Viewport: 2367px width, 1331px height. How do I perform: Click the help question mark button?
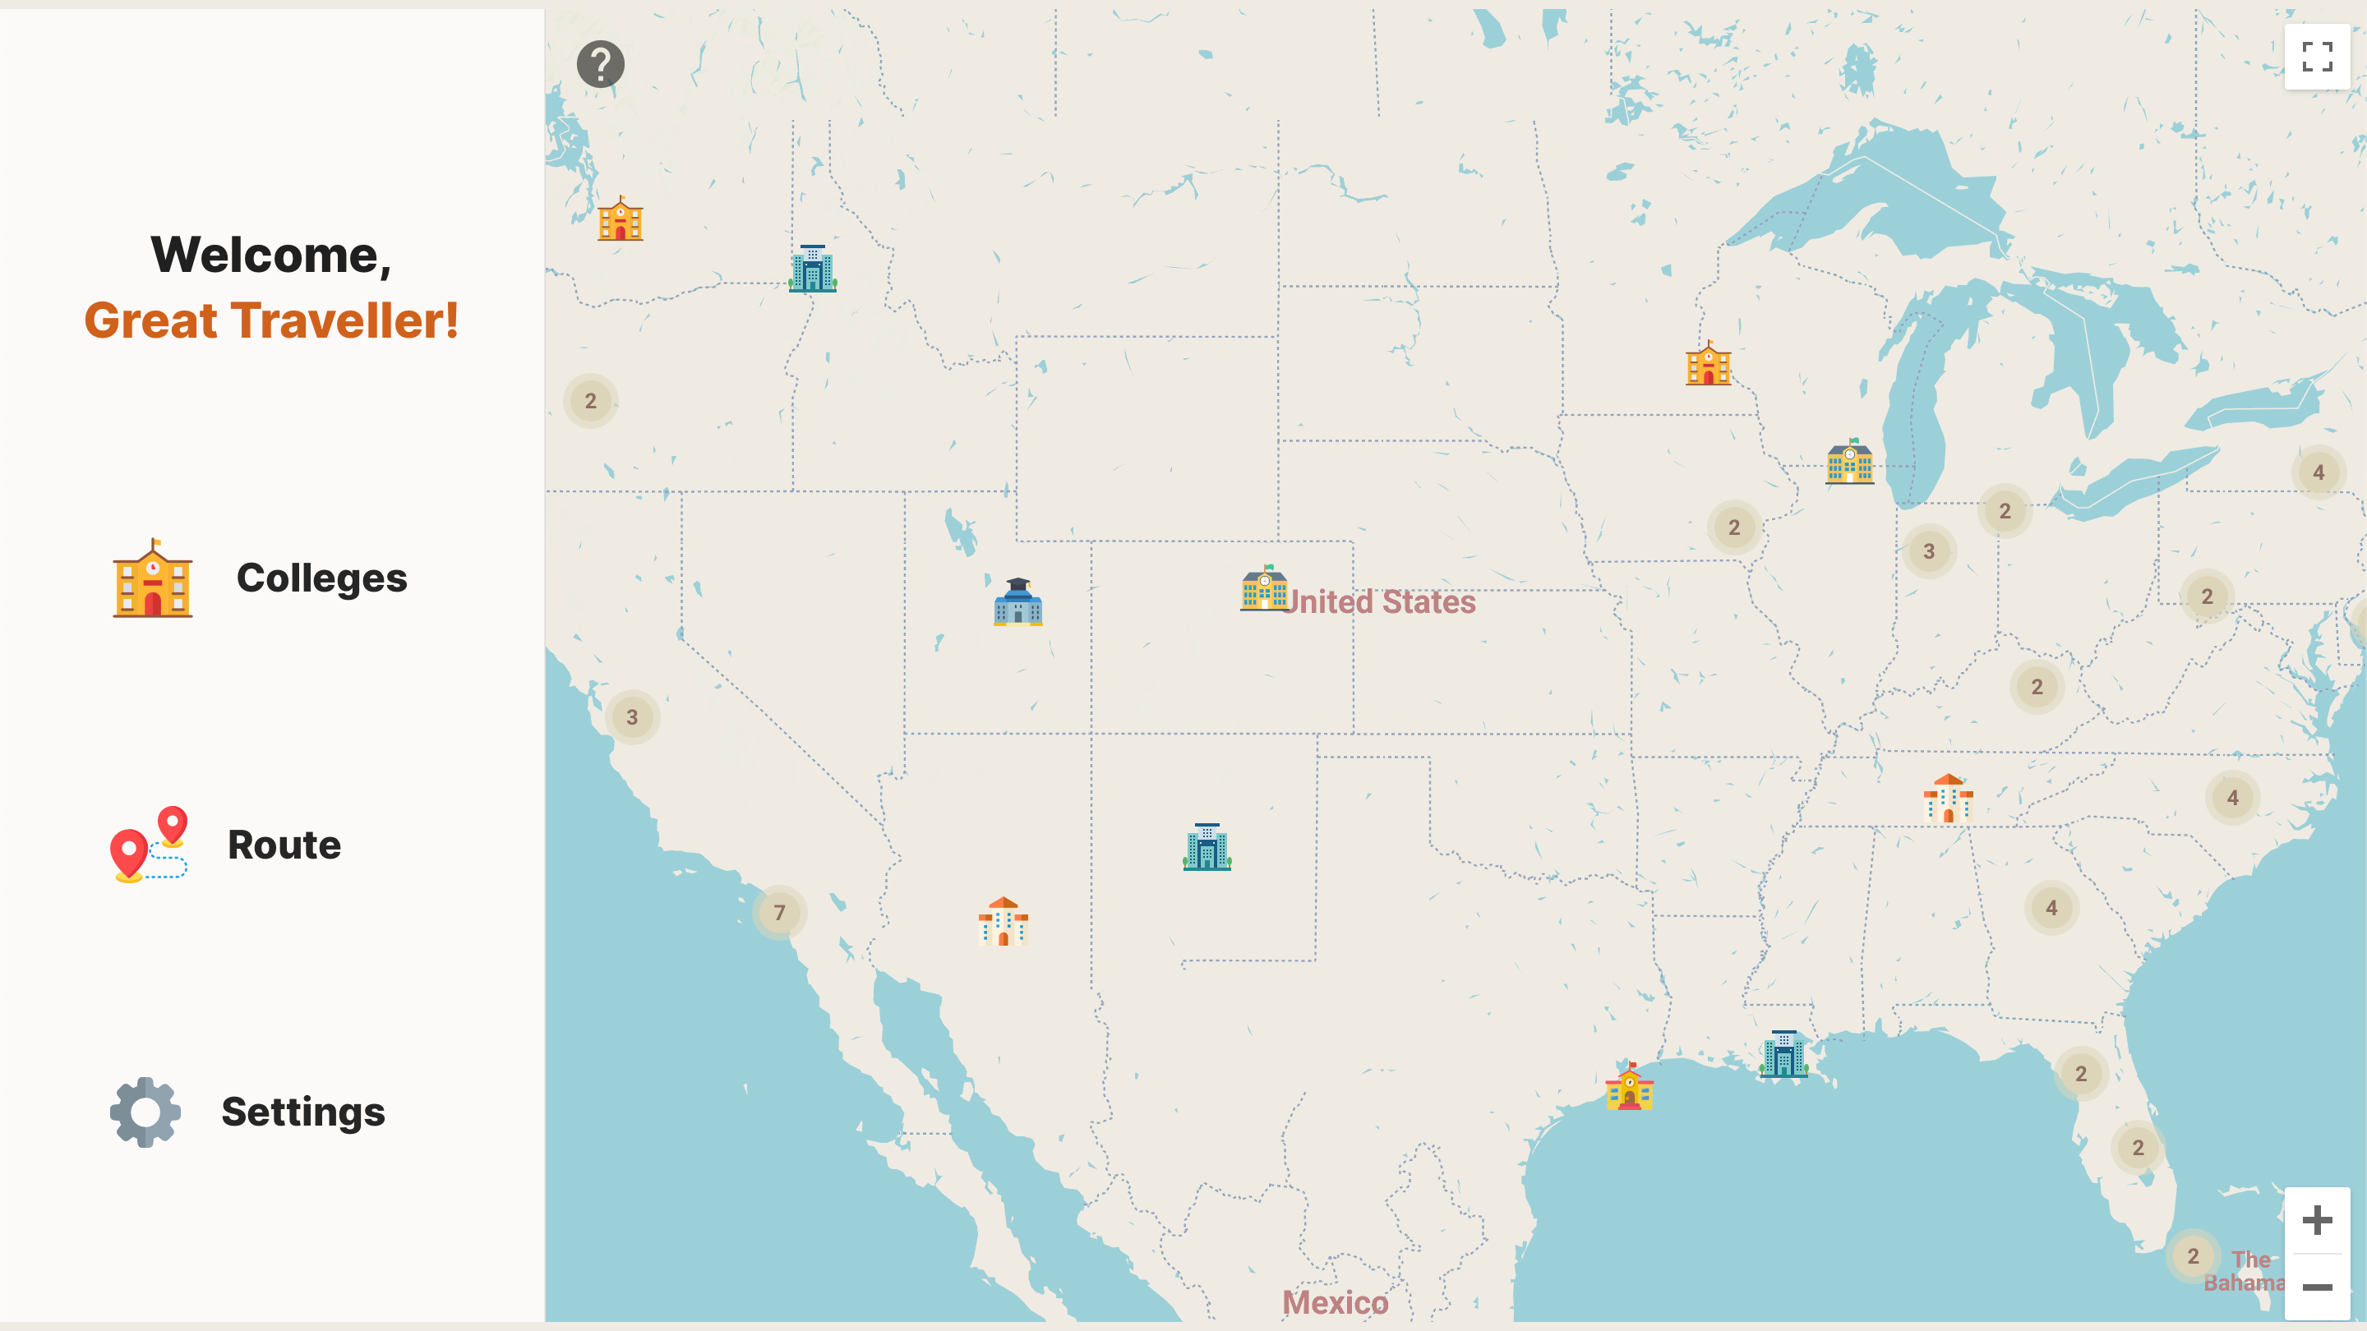[x=600, y=64]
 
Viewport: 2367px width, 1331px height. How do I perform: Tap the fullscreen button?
[x=2317, y=57]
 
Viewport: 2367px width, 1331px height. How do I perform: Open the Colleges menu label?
[x=321, y=578]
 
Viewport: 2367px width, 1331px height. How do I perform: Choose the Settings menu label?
[x=303, y=1112]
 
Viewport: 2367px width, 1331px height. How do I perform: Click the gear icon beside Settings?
[x=145, y=1112]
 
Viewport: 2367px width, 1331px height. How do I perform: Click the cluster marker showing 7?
[x=779, y=912]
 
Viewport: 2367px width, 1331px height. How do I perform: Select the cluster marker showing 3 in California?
[x=632, y=716]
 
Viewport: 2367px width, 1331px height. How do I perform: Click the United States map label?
[x=1380, y=601]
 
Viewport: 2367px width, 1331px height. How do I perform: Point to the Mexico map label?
[x=1335, y=1302]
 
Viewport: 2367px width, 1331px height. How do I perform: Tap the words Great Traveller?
[x=271, y=320]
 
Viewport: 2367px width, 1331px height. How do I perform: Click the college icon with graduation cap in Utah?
[x=1018, y=602]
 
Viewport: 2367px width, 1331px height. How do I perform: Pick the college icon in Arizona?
[x=1003, y=921]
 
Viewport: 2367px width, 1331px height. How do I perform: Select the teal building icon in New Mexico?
[x=1207, y=847]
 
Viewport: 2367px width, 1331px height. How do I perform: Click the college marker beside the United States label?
[x=1264, y=589]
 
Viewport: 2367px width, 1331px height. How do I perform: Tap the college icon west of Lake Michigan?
[x=1850, y=462]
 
